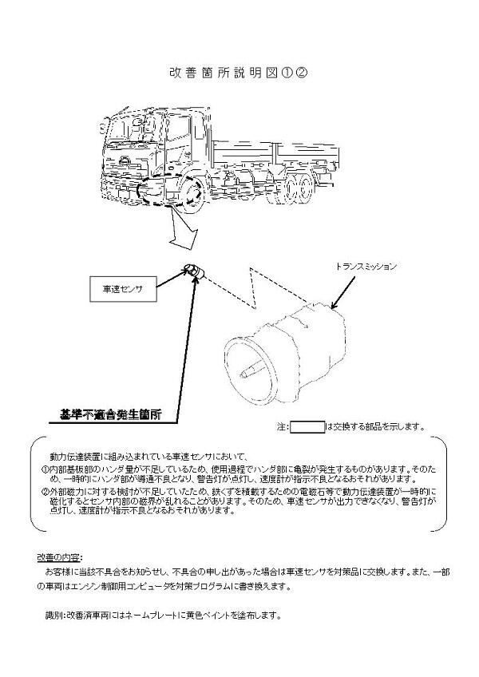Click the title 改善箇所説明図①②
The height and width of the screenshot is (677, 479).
pyautogui.click(x=239, y=73)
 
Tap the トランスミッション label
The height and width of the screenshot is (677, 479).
pyautogui.click(x=366, y=267)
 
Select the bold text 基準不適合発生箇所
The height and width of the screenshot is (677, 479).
pyautogui.click(x=110, y=414)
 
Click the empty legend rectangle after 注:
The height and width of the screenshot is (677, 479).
pyautogui.click(x=307, y=427)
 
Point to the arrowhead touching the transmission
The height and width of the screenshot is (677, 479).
pyautogui.click(x=335, y=304)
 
